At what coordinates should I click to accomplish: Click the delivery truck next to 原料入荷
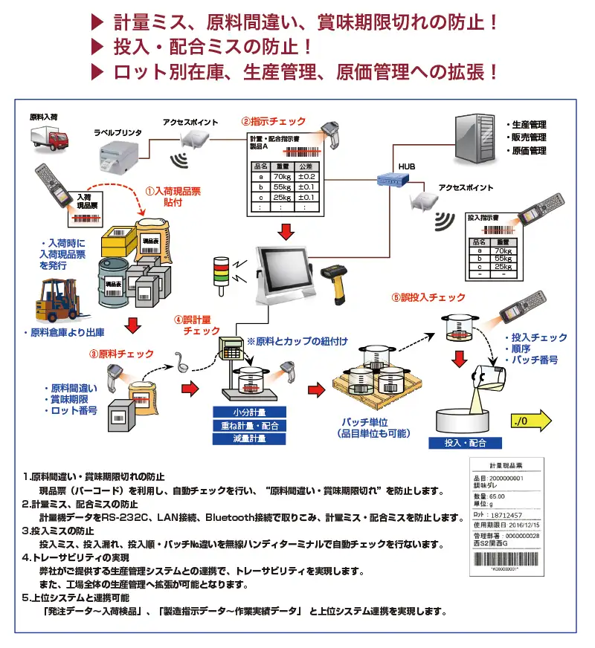[49, 138]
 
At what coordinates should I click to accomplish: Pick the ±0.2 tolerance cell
[307, 176]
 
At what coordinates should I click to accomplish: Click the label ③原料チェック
[126, 354]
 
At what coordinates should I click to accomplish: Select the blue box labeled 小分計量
[250, 412]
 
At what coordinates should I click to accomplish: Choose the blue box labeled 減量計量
[250, 438]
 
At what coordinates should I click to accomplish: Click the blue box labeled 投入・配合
[465, 443]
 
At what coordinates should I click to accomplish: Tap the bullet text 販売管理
[529, 137]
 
